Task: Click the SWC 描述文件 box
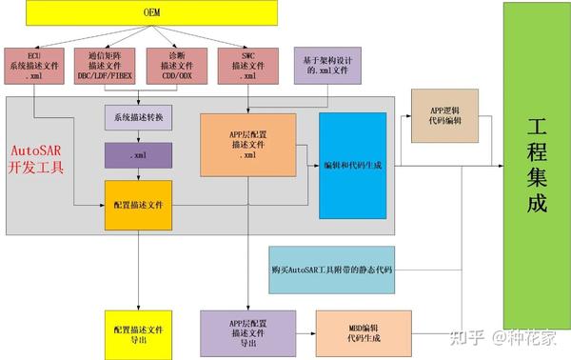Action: click(x=248, y=64)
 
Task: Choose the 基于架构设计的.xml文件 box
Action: click(x=326, y=64)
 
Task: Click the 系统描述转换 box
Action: click(x=138, y=117)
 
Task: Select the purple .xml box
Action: click(x=138, y=154)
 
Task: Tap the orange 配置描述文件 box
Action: click(x=138, y=204)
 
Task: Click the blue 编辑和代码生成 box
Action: click(x=352, y=165)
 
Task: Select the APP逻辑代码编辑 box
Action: click(x=445, y=115)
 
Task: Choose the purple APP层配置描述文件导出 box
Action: click(x=248, y=331)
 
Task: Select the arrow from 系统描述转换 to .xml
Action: click(x=139, y=136)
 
